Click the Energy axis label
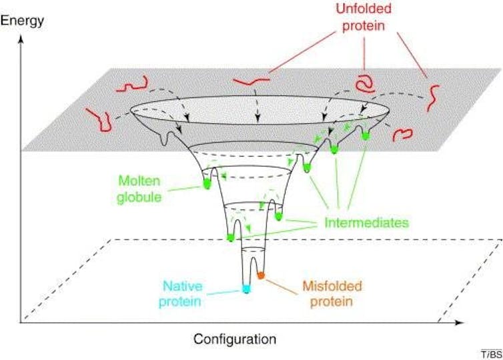pyautogui.click(x=23, y=20)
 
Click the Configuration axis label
pyautogui.click(x=235, y=338)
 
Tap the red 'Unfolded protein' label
pyautogui.click(x=364, y=19)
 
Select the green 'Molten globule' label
pyautogui.click(x=141, y=187)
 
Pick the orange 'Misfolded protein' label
pyautogui.click(x=328, y=293)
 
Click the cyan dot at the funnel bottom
pyautogui.click(x=246, y=289)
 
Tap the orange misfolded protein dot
pyautogui.click(x=262, y=275)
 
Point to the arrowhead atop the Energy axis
pyautogui.click(x=23, y=37)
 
